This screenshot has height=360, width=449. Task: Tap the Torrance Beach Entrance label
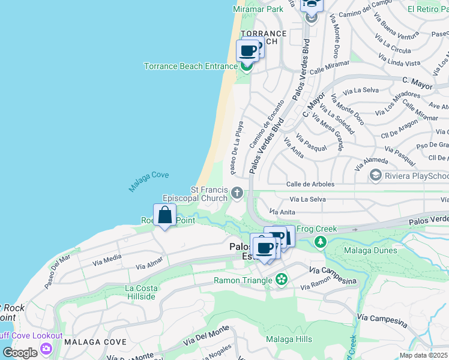(190, 66)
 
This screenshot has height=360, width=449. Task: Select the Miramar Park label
(258, 10)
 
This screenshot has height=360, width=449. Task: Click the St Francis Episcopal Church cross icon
(238, 193)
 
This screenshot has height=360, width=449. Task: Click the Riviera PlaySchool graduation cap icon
(376, 175)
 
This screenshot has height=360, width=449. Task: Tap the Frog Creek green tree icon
(321, 242)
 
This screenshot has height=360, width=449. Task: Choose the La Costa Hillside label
(140, 292)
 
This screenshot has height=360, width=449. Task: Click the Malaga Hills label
(289, 339)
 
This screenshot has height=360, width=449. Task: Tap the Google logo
(20, 353)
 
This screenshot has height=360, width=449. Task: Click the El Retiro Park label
(427, 10)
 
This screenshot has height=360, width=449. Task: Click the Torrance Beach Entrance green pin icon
(246, 67)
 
